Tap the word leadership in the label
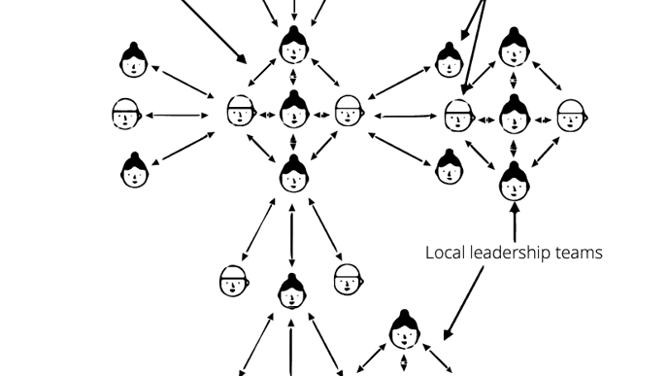point(511,253)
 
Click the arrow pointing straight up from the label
point(514,219)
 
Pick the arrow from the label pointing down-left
point(464,301)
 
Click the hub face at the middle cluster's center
point(293,111)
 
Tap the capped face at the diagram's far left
point(125,115)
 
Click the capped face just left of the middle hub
point(240,112)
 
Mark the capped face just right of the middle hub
point(348,112)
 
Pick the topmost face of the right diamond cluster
point(514,46)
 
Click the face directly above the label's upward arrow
point(514,178)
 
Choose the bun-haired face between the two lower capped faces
point(291,291)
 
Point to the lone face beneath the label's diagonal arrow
point(405,329)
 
